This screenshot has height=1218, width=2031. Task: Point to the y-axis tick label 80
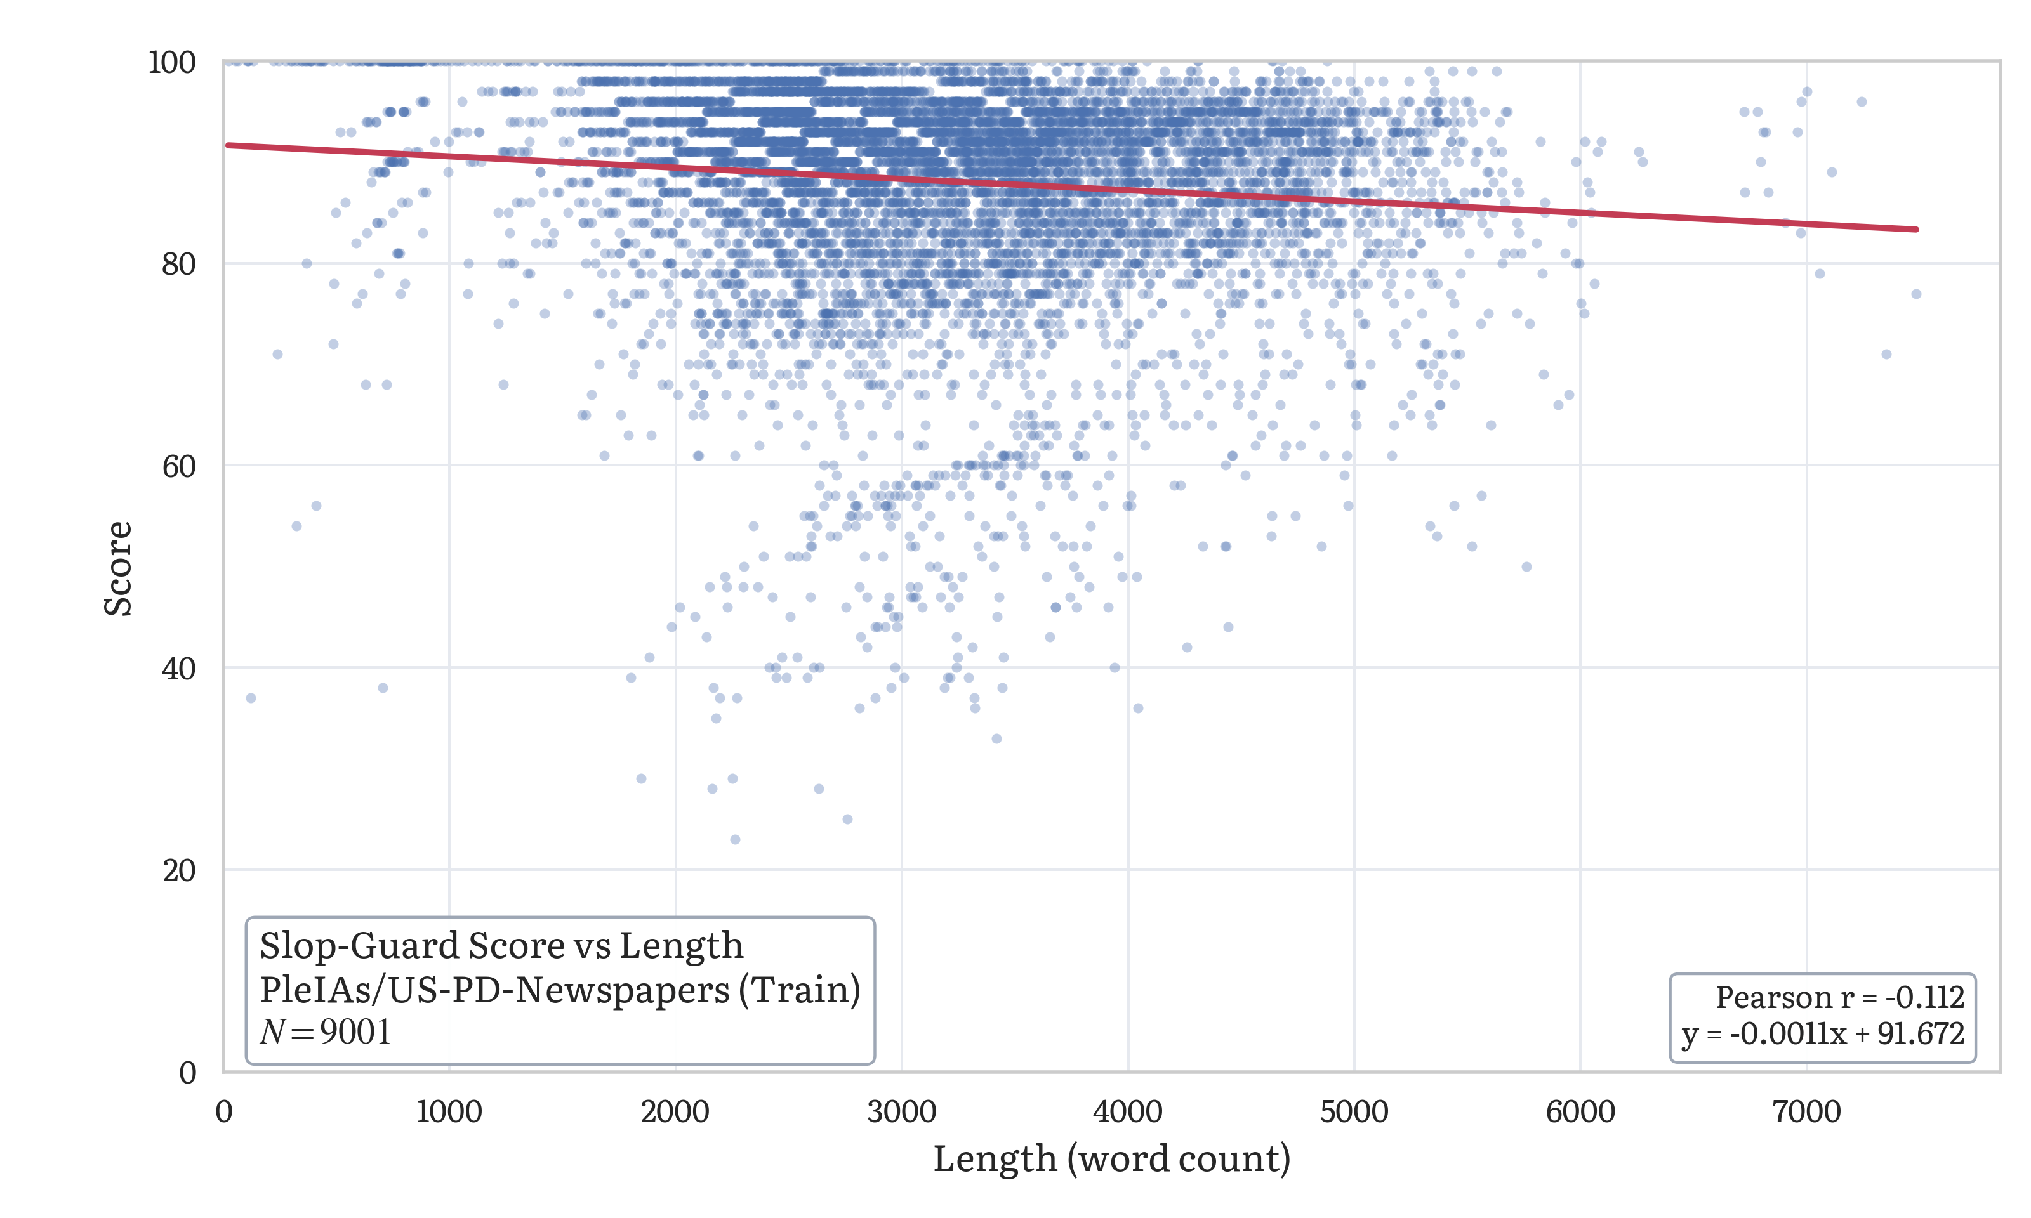click(x=178, y=265)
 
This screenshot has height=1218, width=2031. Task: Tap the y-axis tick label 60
click(x=178, y=466)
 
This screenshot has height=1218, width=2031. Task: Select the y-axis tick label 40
click(x=178, y=668)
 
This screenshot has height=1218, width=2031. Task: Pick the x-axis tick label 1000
click(x=449, y=1112)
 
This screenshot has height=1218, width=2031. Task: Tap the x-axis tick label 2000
click(x=675, y=1112)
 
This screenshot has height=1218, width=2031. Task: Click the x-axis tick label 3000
click(x=901, y=1112)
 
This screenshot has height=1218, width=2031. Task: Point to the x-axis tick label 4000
click(x=1127, y=1112)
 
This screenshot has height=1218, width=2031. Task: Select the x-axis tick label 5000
click(x=1354, y=1112)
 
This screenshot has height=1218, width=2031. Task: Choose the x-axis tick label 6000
click(x=1580, y=1112)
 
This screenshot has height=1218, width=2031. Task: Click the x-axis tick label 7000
click(x=1806, y=1112)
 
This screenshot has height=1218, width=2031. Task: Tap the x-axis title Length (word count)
click(x=1111, y=1159)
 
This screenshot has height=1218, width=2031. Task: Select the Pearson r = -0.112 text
click(x=1839, y=997)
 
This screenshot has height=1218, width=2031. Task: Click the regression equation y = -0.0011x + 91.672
click(x=1822, y=1033)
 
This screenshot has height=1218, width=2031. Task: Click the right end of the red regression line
click(x=1916, y=229)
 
